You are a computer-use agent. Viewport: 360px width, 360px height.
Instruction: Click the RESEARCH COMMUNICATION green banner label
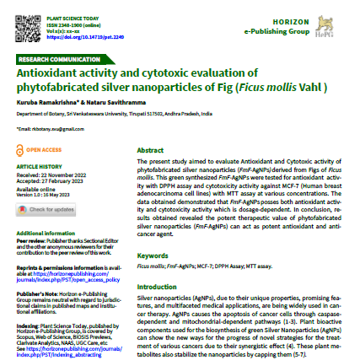(57, 62)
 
